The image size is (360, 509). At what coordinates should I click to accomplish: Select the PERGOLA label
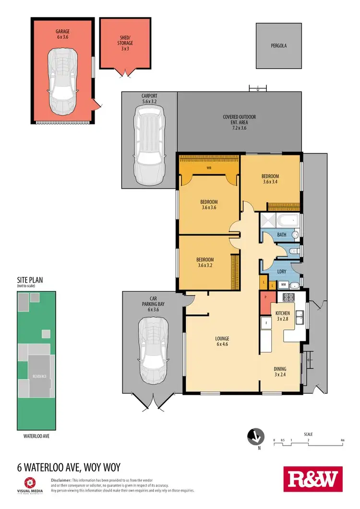279,47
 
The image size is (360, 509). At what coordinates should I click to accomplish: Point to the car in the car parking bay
153,351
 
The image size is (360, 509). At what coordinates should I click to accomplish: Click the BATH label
282,235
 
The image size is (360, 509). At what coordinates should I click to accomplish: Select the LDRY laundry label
282,272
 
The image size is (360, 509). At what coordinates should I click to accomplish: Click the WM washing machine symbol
283,285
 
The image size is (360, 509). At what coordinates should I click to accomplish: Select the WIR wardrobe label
209,168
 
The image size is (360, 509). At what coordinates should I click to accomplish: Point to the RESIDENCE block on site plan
39,376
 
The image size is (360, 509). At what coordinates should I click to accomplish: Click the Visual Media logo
29,485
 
